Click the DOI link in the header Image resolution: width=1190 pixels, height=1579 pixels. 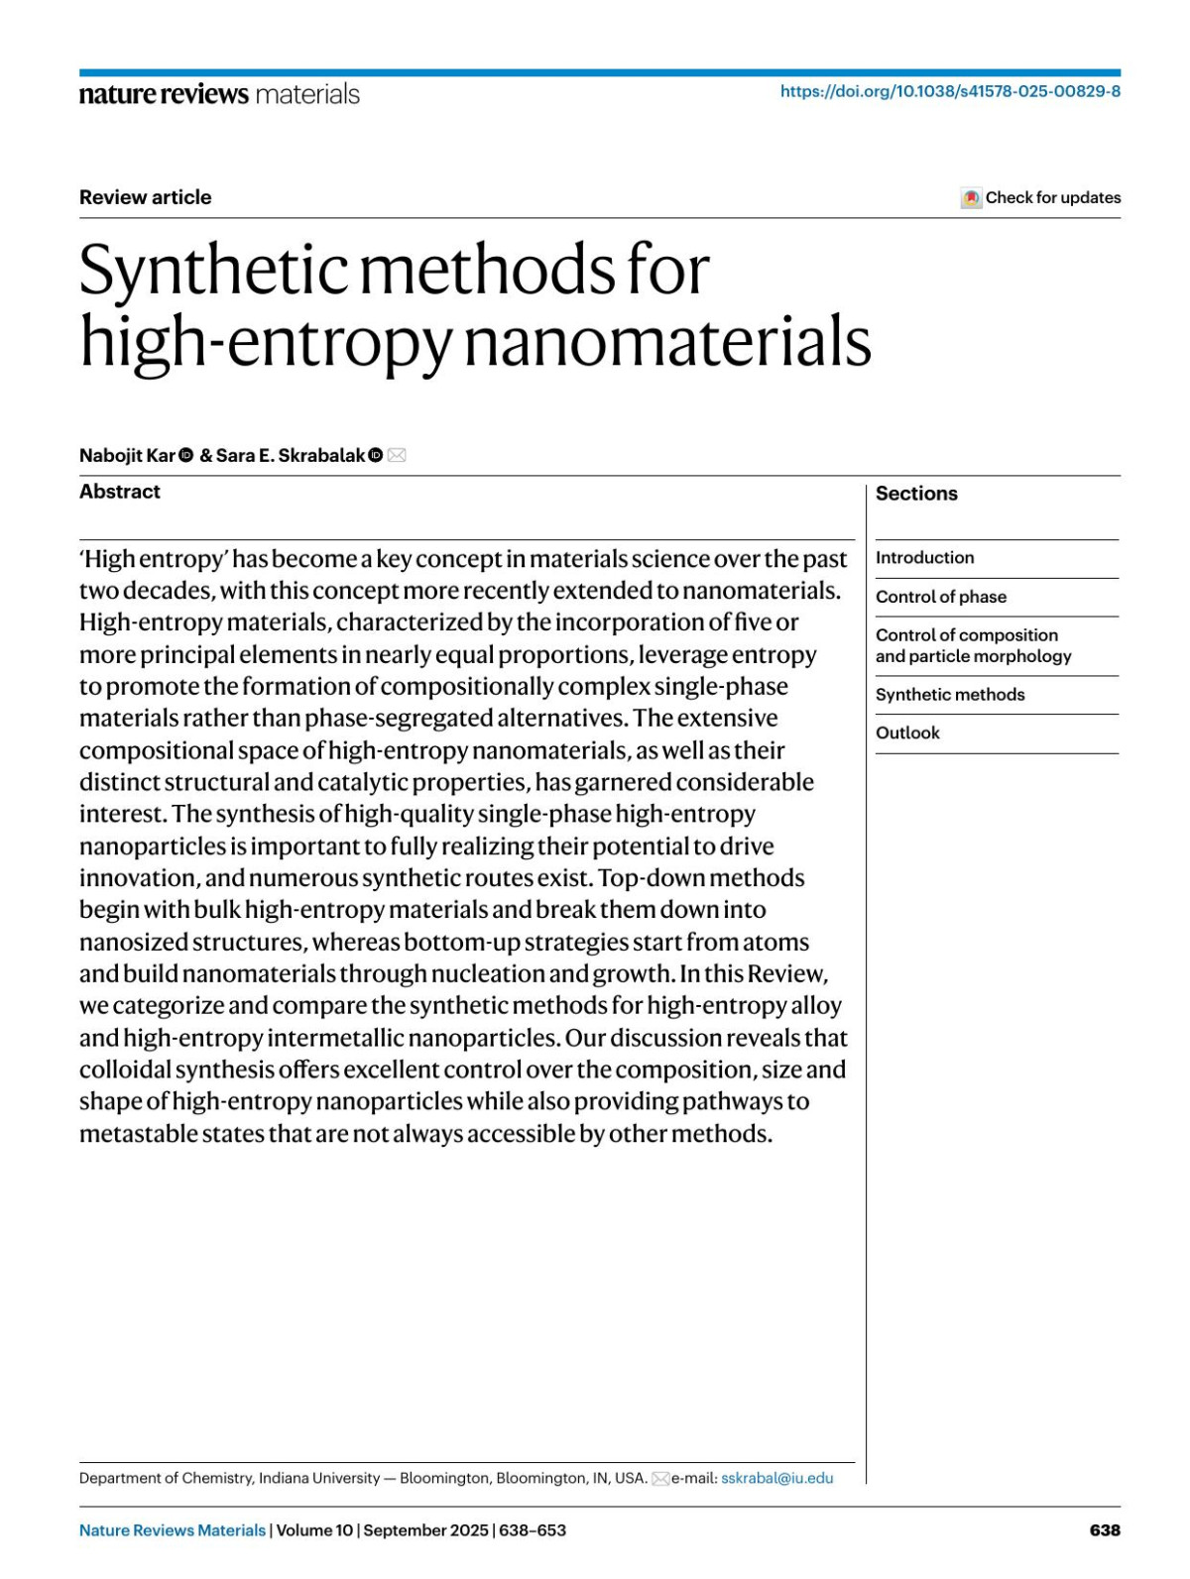tap(950, 91)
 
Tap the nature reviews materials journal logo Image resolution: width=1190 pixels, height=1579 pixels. tap(219, 94)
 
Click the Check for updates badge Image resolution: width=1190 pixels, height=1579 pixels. tap(1041, 197)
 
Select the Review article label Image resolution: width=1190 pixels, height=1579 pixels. tap(146, 197)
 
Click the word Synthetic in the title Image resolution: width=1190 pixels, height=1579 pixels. tap(213, 270)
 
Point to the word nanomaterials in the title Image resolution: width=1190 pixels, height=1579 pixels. tap(667, 342)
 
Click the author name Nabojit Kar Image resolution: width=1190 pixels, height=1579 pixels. tap(127, 455)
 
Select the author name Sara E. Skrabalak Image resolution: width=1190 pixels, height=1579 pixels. tap(291, 455)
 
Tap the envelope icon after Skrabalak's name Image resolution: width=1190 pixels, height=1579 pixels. tap(397, 455)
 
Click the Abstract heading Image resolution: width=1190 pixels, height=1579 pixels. tap(120, 492)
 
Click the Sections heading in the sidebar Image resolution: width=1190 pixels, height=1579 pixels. tap(916, 494)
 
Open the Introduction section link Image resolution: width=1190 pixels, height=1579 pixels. tap(924, 558)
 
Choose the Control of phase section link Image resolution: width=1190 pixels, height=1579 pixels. tap(940, 597)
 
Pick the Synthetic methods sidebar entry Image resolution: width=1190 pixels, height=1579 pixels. tap(950, 695)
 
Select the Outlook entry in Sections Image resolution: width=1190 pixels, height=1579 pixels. tap(907, 733)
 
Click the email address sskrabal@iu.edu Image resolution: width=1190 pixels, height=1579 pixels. tap(776, 1478)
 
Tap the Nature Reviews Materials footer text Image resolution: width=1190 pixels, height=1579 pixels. tap(173, 1530)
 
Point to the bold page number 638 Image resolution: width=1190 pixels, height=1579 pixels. tap(1105, 1530)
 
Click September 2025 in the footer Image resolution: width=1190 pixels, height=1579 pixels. tap(425, 1530)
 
